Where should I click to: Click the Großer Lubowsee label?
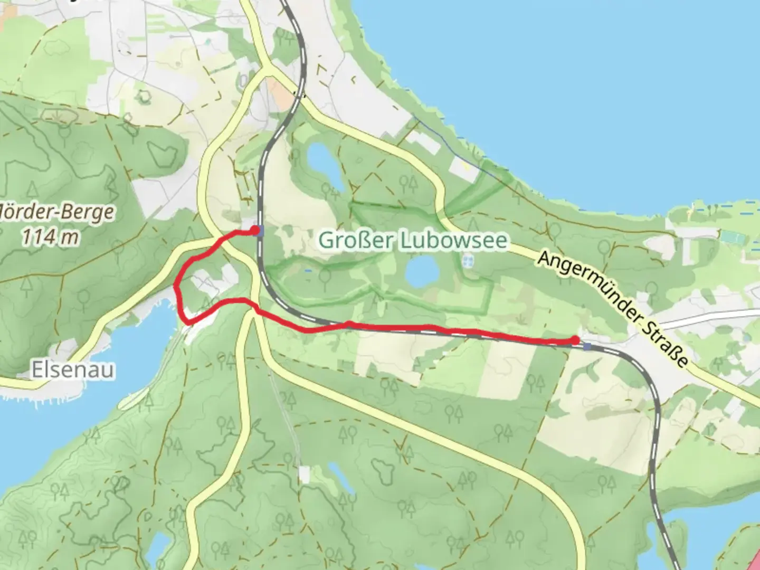tap(413, 241)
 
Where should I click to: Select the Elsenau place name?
tap(73, 370)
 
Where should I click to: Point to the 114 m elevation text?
tap(51, 237)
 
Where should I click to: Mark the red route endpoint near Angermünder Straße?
tap(575, 340)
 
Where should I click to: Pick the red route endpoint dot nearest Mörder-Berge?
tap(255, 230)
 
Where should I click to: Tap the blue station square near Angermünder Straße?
tap(587, 346)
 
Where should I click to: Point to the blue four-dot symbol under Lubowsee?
tap(468, 260)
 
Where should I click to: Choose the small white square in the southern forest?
tap(304, 474)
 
